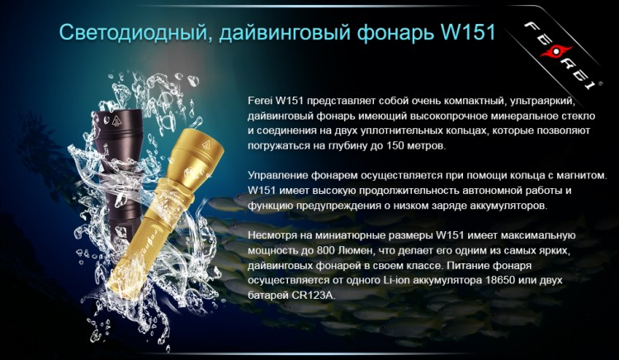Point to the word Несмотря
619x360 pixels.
click(273, 237)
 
